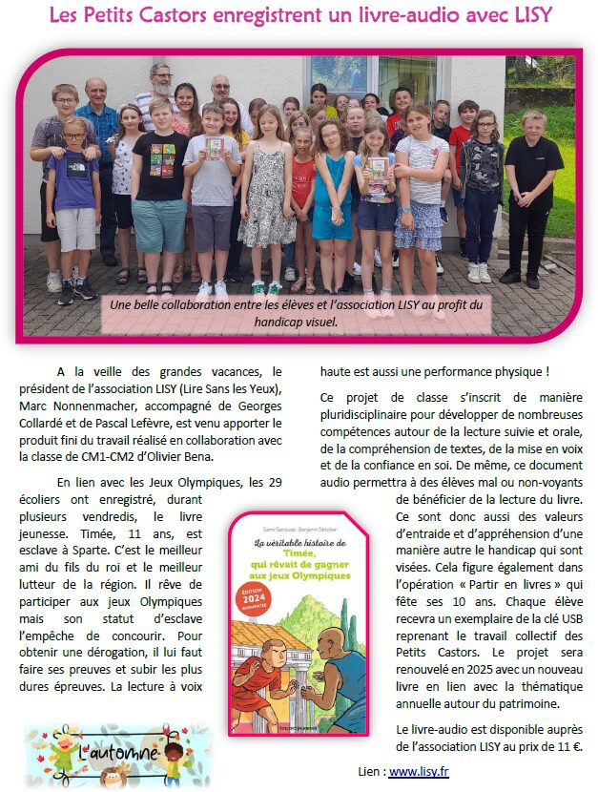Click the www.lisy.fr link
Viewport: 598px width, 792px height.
click(x=419, y=772)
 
